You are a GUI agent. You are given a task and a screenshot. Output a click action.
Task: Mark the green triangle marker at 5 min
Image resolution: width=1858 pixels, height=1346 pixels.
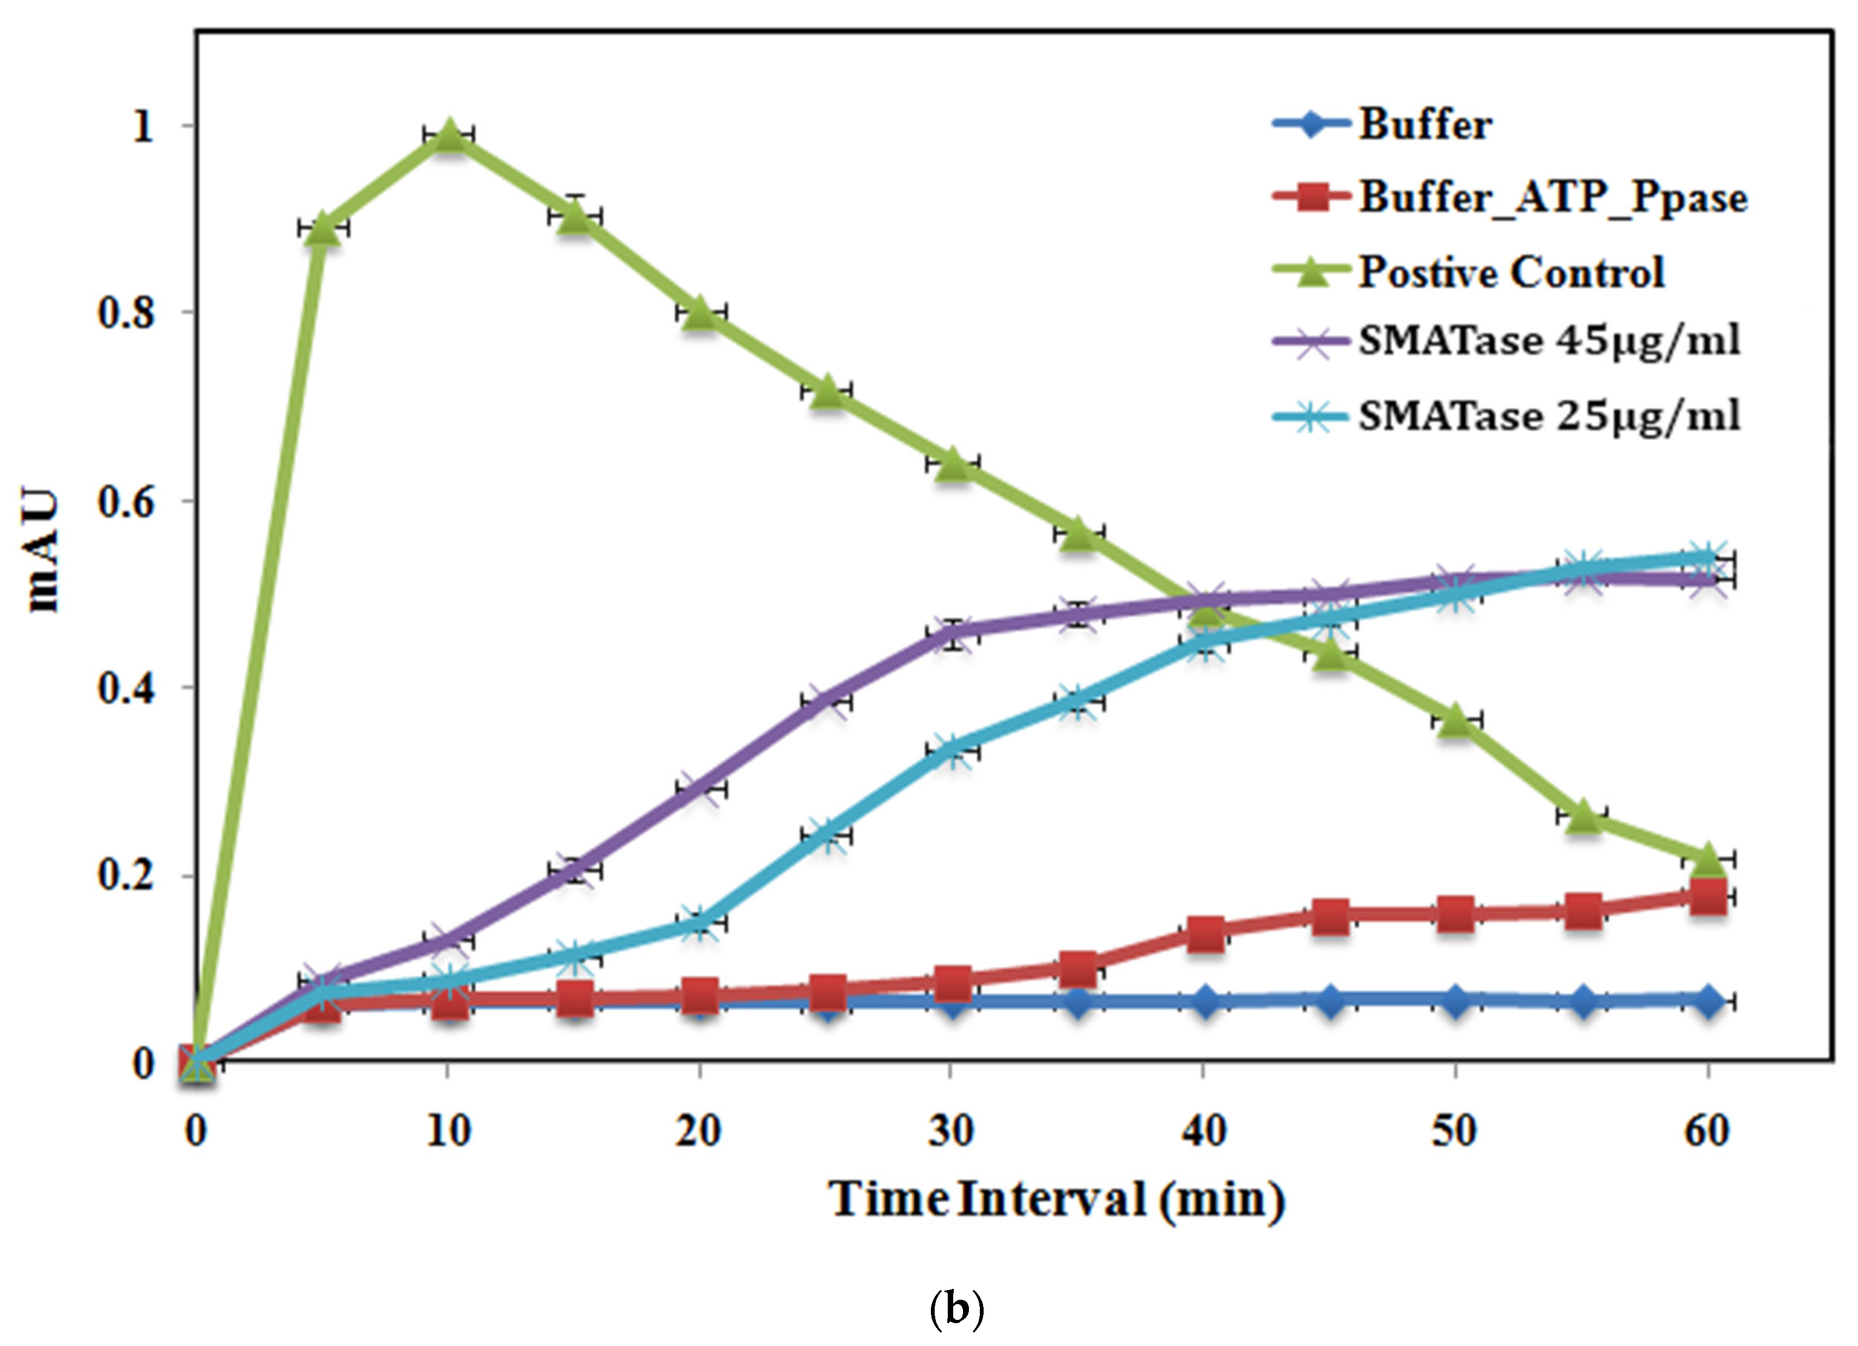point(322,228)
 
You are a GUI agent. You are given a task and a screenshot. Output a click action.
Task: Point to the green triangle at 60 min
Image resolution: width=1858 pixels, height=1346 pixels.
point(1707,860)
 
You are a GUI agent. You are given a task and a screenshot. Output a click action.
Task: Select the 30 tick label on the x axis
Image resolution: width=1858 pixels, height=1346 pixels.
point(951,1132)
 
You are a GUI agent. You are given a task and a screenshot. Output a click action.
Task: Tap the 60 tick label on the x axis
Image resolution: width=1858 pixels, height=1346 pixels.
point(1707,1132)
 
